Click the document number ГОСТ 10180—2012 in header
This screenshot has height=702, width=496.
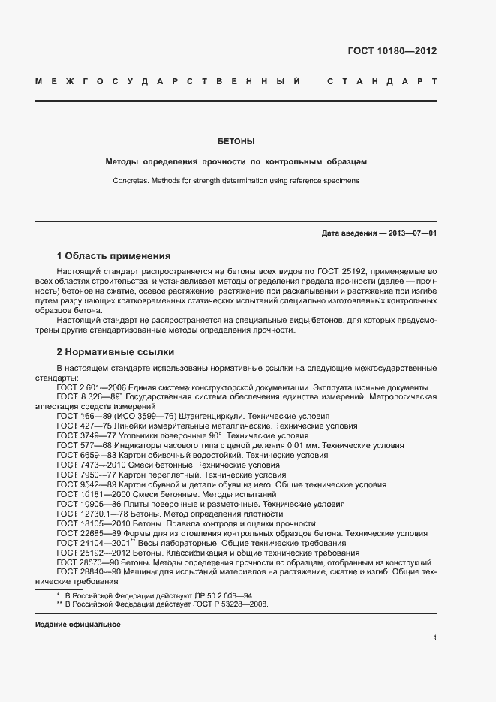392,52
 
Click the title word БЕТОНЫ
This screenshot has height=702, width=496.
236,141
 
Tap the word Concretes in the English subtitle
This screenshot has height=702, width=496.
131,181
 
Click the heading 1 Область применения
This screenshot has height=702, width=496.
114,255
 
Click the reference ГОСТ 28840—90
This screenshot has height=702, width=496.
85,572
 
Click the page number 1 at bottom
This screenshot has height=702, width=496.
434,638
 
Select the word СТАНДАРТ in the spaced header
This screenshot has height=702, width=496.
382,81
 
